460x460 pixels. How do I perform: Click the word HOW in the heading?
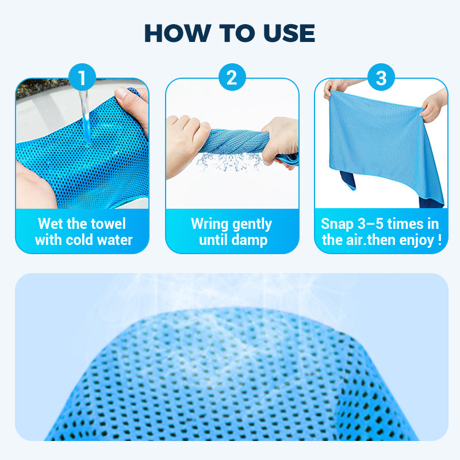click(178, 33)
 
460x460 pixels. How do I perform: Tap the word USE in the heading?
click(289, 33)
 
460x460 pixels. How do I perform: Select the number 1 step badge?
click(82, 77)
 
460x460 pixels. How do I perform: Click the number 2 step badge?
click(232, 77)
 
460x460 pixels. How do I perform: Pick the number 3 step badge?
click(381, 77)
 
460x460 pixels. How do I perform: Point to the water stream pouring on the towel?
click(85, 116)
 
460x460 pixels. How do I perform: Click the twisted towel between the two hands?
click(235, 141)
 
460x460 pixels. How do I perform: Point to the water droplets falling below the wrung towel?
click(231, 162)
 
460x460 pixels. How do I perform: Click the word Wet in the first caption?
click(51, 224)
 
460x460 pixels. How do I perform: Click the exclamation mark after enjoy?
click(439, 240)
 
